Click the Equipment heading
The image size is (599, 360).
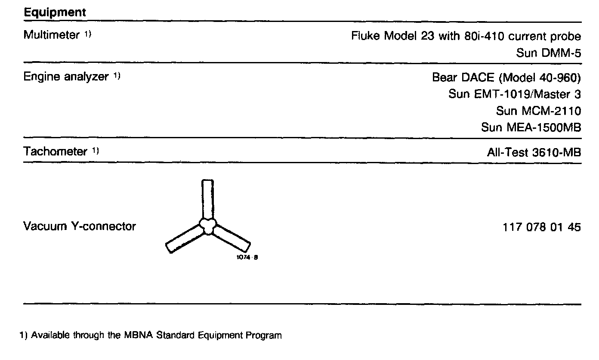point(55,12)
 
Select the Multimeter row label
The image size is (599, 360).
point(51,35)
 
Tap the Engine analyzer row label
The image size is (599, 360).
point(65,77)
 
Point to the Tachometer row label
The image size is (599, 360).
point(55,152)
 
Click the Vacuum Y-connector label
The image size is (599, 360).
point(79,226)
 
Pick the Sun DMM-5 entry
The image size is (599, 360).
point(548,53)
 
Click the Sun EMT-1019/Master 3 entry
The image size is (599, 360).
point(514,94)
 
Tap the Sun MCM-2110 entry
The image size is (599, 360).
point(538,111)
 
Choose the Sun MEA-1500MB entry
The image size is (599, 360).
point(531,128)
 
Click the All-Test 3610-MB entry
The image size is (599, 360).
point(533,152)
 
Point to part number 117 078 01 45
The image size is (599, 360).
point(541,227)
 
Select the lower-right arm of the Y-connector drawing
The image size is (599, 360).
point(232,240)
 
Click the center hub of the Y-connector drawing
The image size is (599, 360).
point(208,226)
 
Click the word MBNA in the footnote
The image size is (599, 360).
point(130,335)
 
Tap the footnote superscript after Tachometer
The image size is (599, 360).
point(96,151)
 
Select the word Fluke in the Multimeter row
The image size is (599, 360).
point(365,36)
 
